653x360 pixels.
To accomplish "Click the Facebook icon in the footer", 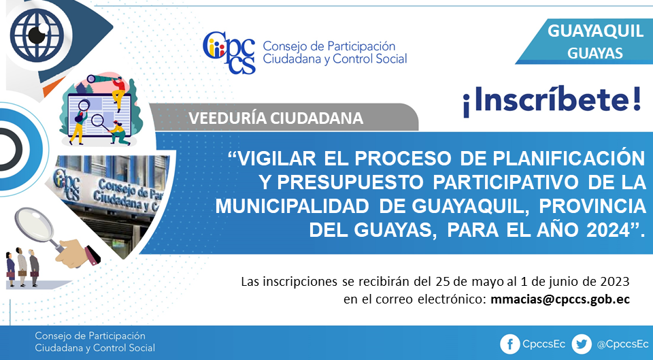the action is pyautogui.click(x=509, y=344).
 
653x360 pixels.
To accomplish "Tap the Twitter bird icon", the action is pyautogui.click(x=582, y=344).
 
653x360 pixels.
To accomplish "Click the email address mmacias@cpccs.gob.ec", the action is pyautogui.click(x=560, y=299).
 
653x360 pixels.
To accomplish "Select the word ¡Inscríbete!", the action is pyautogui.click(x=552, y=101).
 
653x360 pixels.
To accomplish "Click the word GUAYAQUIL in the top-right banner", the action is pyautogui.click(x=595, y=31).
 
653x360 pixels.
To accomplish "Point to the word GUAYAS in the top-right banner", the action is pyautogui.click(x=595, y=53).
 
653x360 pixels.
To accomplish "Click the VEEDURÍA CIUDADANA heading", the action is pyautogui.click(x=275, y=118).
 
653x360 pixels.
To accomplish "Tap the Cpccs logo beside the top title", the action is pyautogui.click(x=229, y=53).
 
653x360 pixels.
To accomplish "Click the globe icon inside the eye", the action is pyautogui.click(x=37, y=35).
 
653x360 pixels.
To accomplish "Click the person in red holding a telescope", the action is pyautogui.click(x=118, y=93).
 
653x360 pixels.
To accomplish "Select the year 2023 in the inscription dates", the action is pyautogui.click(x=615, y=282).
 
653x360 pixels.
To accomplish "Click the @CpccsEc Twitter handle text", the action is pyautogui.click(x=622, y=344).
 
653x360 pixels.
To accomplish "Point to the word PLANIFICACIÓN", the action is pyautogui.click(x=569, y=159).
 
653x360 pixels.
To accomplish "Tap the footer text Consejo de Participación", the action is pyautogui.click(x=90, y=336).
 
